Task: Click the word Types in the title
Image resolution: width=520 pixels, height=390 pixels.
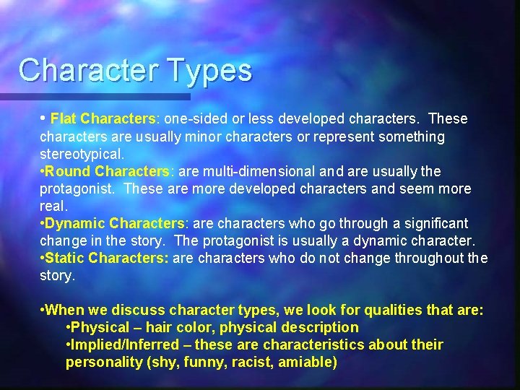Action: pyautogui.click(x=212, y=71)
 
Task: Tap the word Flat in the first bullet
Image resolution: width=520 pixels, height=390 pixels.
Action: pyautogui.click(x=64, y=118)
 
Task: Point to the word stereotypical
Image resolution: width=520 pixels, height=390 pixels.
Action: pyautogui.click(x=82, y=154)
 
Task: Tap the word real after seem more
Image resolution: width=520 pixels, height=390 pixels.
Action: pyautogui.click(x=53, y=206)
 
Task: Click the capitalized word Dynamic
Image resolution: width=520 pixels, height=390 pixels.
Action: pyautogui.click(x=75, y=224)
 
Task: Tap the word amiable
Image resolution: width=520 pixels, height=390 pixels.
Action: pyautogui.click(x=309, y=363)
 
